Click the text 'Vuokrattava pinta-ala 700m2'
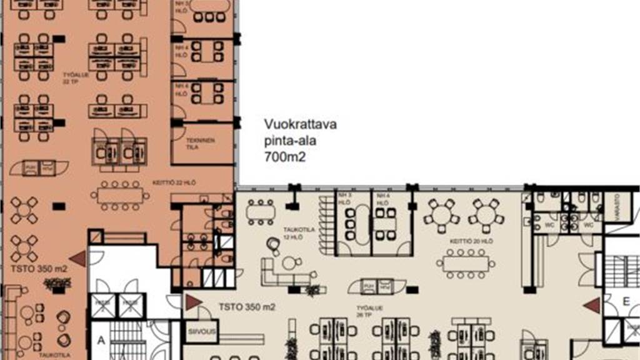click(300, 141)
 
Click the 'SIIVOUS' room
click(201, 332)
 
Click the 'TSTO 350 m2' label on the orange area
click(38, 269)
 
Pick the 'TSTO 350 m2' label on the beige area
click(247, 307)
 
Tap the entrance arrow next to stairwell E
click(591, 306)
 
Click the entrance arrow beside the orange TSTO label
click(77, 258)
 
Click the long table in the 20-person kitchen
click(465, 264)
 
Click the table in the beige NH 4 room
click(386, 223)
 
